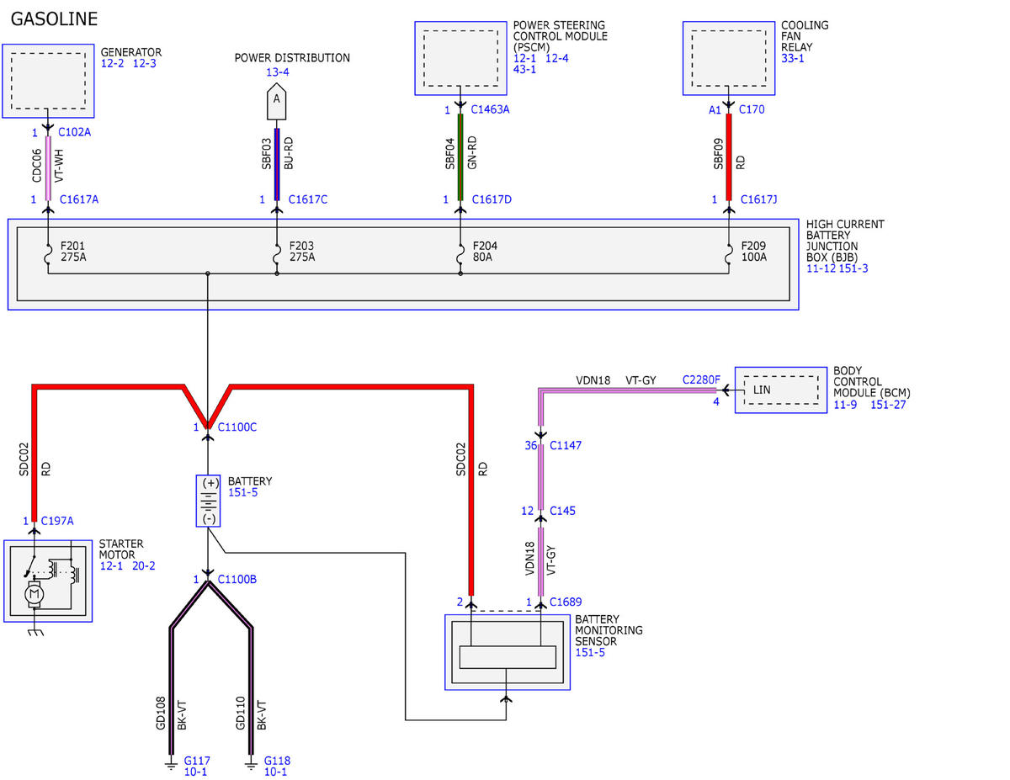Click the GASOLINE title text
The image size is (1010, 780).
click(x=54, y=19)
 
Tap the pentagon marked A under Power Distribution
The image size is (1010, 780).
click(x=277, y=102)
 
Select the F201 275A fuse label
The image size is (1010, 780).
click(x=73, y=252)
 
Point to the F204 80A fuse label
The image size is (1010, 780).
click(x=486, y=252)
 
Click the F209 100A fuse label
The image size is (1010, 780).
click(x=754, y=252)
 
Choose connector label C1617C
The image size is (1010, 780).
click(x=308, y=199)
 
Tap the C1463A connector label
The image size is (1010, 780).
click(x=490, y=109)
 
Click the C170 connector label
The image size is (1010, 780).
click(x=752, y=109)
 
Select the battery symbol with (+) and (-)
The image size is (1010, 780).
click(x=208, y=501)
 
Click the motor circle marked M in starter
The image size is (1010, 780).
click(x=35, y=594)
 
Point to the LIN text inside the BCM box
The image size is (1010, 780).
click(x=762, y=390)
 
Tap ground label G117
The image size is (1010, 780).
click(x=197, y=761)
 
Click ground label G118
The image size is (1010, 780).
click(x=277, y=761)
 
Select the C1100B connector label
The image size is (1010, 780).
click(x=237, y=579)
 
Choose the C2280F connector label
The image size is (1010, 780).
click(x=701, y=379)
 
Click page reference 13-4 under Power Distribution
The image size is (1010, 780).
click(x=278, y=72)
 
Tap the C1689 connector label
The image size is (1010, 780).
click(x=566, y=602)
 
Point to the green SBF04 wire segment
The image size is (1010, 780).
click(x=460, y=157)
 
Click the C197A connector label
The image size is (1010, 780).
click(x=57, y=521)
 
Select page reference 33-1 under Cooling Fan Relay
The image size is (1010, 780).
click(x=793, y=58)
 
